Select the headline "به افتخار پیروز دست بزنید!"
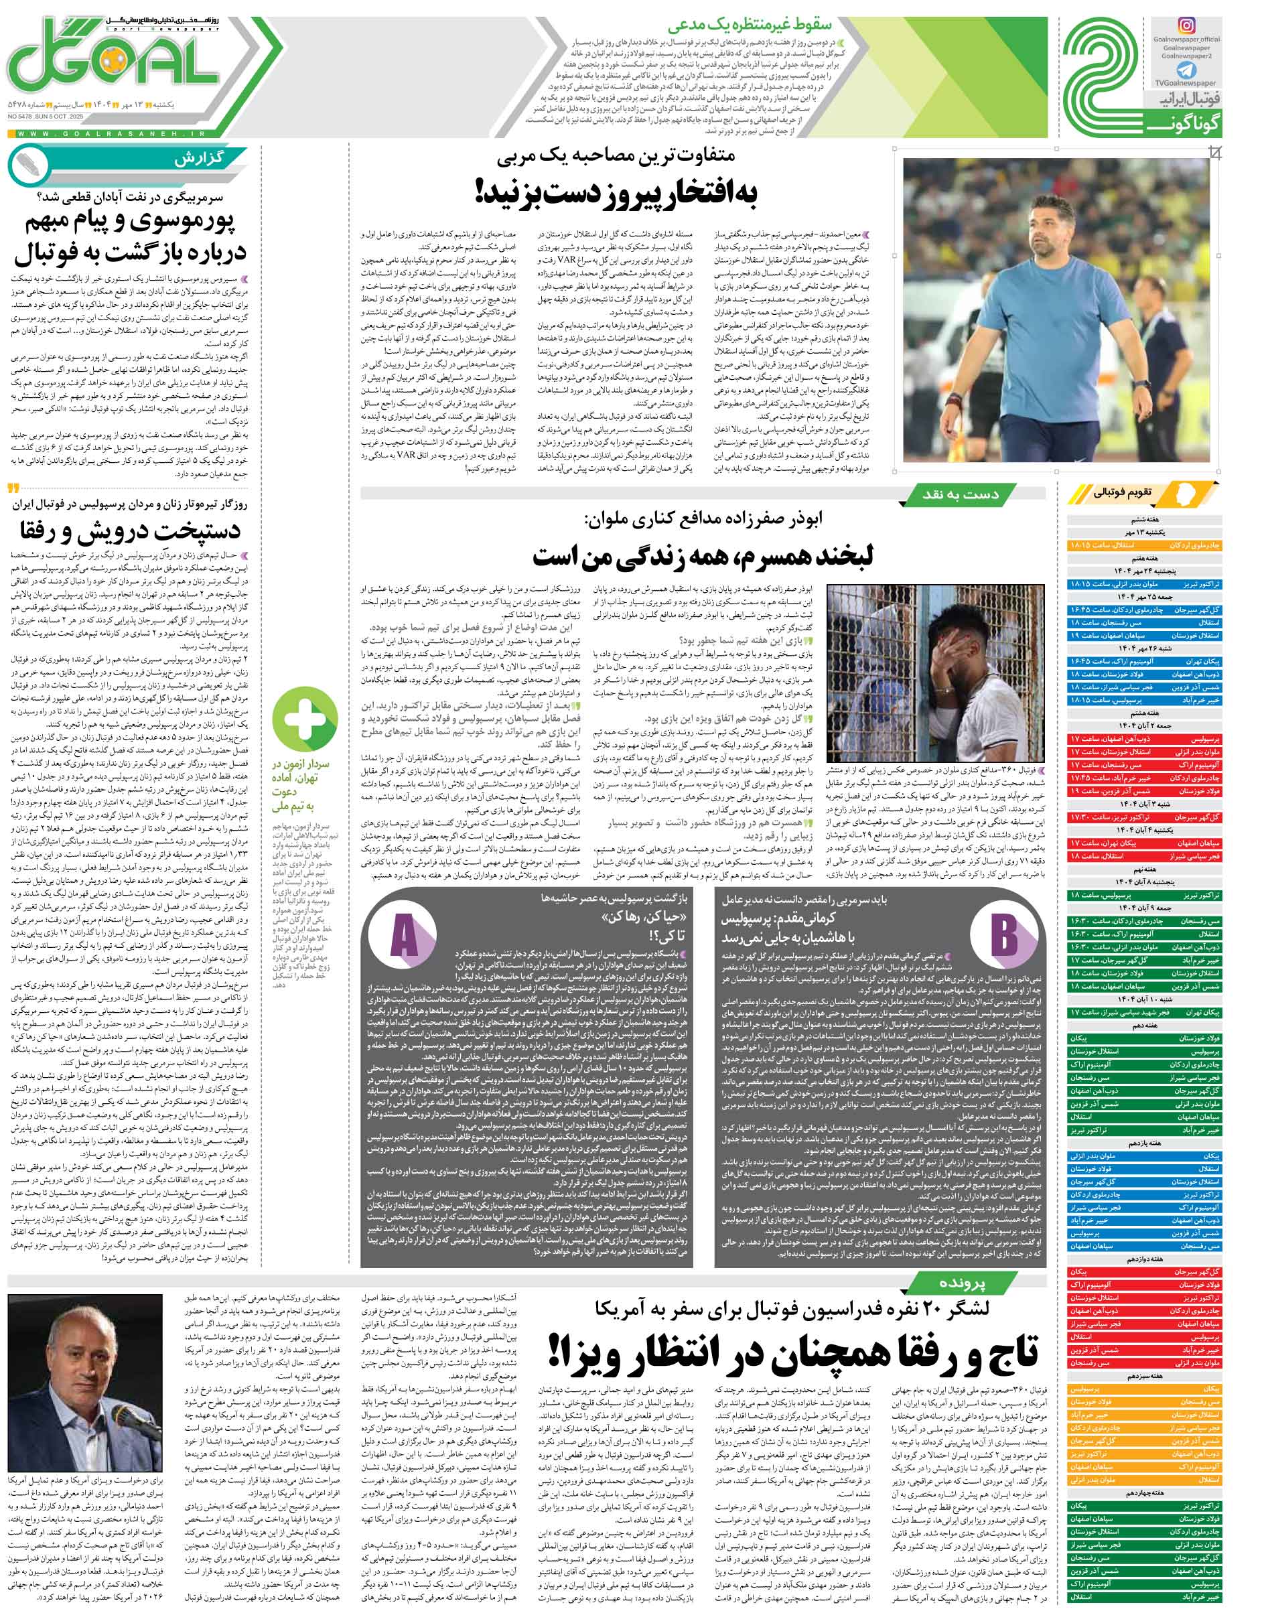click(615, 194)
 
